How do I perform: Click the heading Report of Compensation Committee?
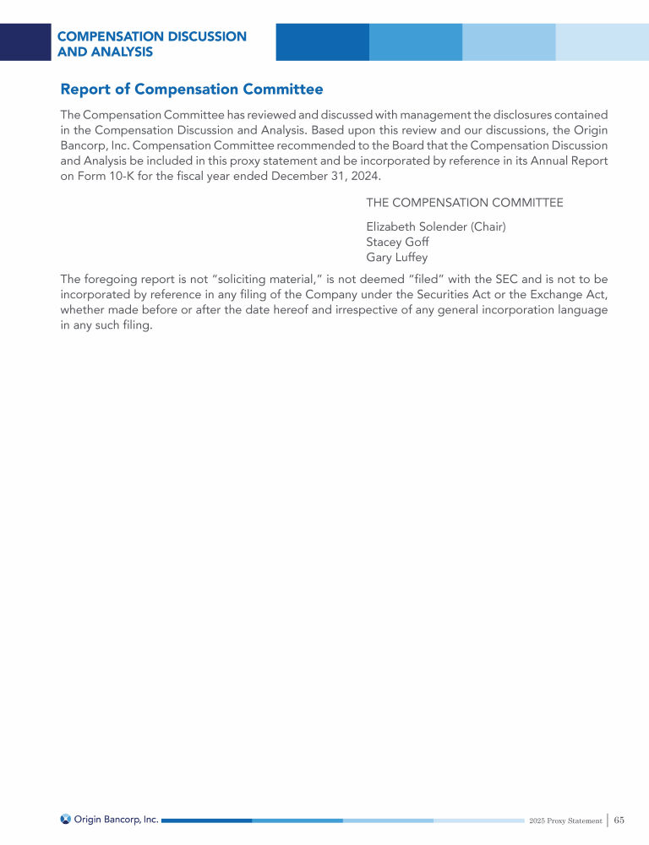point(191,89)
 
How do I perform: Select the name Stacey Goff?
point(397,242)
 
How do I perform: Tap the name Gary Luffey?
point(396,257)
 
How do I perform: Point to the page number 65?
point(619,820)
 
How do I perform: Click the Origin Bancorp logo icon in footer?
point(65,819)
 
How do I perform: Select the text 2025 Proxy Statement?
point(565,820)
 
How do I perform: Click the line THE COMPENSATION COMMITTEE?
point(464,203)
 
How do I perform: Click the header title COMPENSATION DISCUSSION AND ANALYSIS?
point(151,44)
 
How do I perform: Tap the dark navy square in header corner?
point(25,42)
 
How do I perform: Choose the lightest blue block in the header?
point(602,42)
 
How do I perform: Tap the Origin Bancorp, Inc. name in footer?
point(116,819)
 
